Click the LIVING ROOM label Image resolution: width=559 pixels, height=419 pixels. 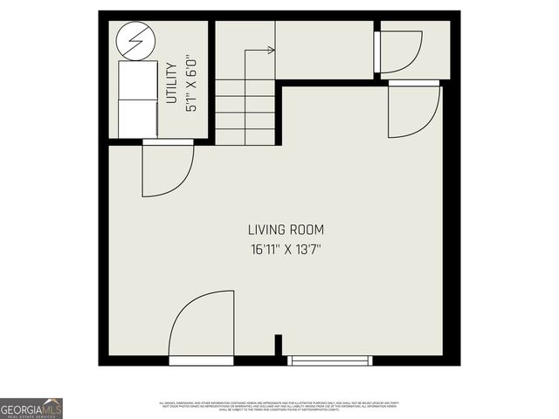pyautogui.click(x=286, y=230)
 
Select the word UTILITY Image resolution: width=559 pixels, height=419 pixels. pyautogui.click(x=171, y=83)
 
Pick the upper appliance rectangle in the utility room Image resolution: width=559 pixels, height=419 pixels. pyautogui.click(x=135, y=79)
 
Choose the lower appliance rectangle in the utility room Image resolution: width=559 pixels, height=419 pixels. pyautogui.click(x=135, y=118)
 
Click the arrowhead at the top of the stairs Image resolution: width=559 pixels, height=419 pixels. pyautogui.click(x=272, y=51)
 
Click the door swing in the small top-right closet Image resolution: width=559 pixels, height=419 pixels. pyautogui.click(x=399, y=52)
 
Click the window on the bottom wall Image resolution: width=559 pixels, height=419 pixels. pyautogui.click(x=330, y=361)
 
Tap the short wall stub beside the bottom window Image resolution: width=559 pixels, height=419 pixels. pyautogui.click(x=278, y=347)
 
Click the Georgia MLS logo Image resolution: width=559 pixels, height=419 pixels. pyautogui.click(x=31, y=409)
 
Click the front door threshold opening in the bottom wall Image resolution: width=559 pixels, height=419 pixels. pyautogui.click(x=201, y=361)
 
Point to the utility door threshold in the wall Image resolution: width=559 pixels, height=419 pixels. pyautogui.click(x=168, y=141)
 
